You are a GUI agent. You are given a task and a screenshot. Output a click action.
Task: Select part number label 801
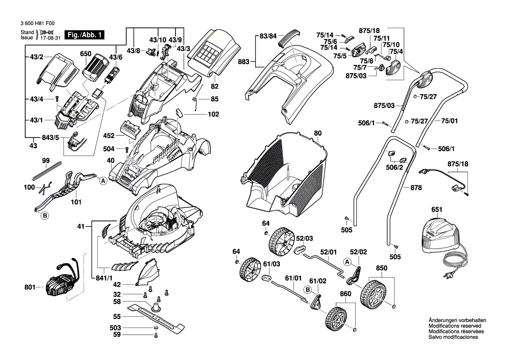point(30,287)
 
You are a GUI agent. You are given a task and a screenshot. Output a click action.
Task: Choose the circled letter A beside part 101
point(103,181)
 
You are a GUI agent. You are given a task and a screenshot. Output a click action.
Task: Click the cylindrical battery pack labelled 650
point(94,69)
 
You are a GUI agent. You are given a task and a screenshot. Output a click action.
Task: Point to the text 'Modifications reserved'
point(455,326)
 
